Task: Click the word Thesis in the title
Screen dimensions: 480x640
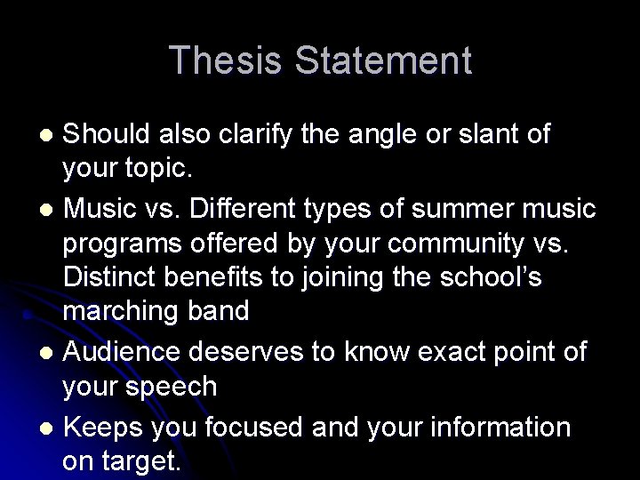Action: click(225, 60)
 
